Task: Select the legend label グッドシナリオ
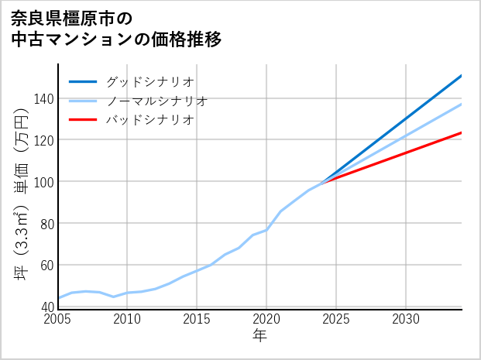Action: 149,81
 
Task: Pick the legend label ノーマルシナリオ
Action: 156,101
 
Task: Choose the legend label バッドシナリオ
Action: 149,120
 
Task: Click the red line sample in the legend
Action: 84,120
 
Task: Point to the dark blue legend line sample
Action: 84,81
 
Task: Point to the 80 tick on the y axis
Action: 46,224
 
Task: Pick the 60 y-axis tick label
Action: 46,266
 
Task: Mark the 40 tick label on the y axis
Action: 46,307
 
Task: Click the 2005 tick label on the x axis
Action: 58,319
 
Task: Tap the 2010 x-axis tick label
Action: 127,319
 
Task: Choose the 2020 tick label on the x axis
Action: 266,319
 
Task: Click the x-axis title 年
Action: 260,336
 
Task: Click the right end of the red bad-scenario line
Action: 460,133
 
